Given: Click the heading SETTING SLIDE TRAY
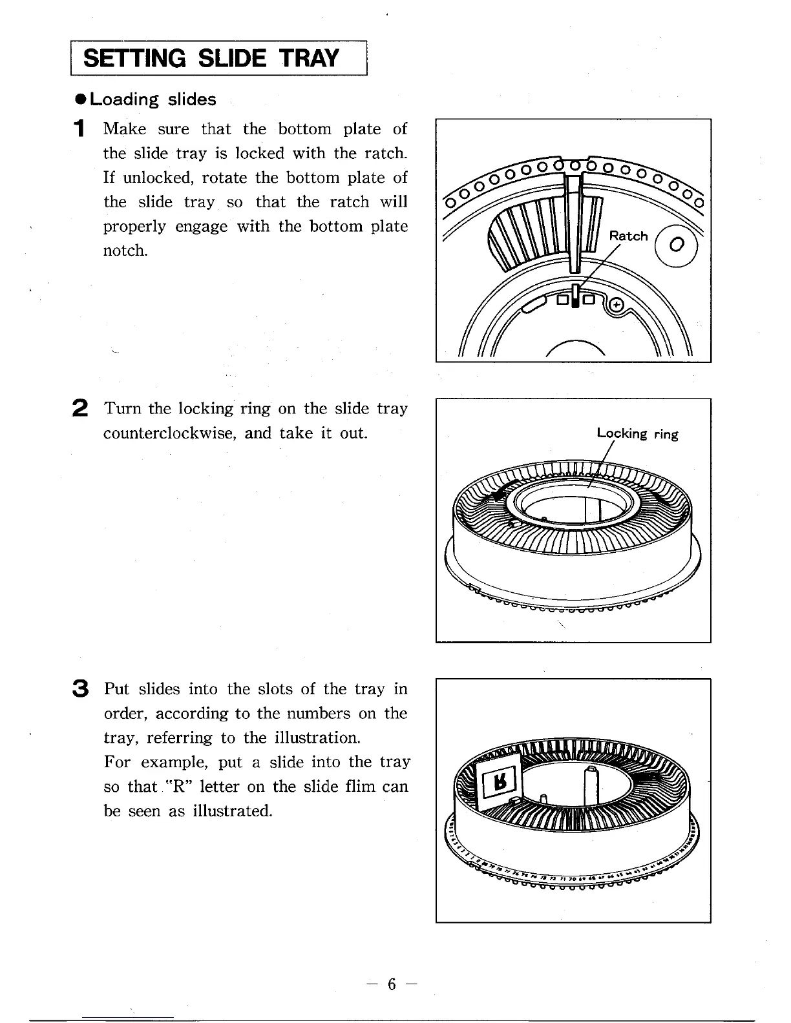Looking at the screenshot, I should pyautogui.click(x=211, y=59).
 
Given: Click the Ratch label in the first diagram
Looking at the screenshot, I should pyautogui.click(x=628, y=236).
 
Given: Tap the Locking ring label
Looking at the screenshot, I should pyautogui.click(x=637, y=433).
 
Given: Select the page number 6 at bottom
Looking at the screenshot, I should pyautogui.click(x=390, y=984).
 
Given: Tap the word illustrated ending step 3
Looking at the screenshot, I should pyautogui.click(x=231, y=811).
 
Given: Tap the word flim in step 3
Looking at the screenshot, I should pyautogui.click(x=361, y=787).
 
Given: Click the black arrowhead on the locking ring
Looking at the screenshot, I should pyautogui.click(x=494, y=495).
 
